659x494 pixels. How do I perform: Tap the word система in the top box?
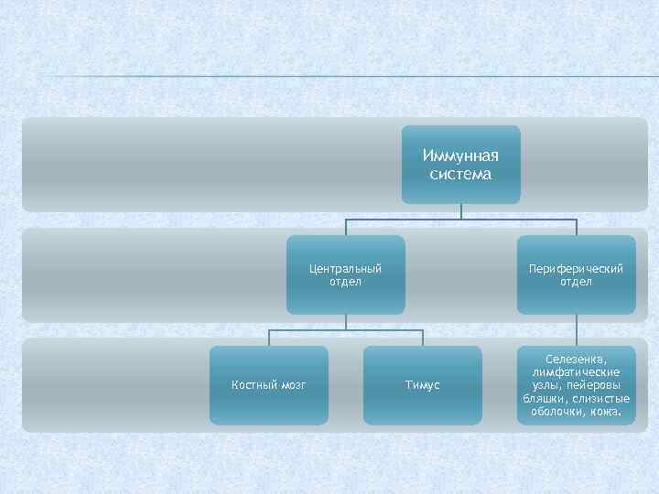point(461,173)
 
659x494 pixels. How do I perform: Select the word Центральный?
point(345,269)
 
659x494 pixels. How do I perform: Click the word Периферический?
point(577,269)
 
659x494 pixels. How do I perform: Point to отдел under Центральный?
point(345,282)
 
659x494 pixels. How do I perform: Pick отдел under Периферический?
point(577,282)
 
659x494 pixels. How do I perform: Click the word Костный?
point(253,385)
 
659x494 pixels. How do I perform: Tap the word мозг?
point(291,385)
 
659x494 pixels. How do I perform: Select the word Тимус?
point(423,385)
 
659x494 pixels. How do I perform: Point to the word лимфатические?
point(577,372)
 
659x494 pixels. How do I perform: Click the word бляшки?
point(542,399)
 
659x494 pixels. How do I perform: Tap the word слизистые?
point(599,399)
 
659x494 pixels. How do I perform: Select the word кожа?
point(604,412)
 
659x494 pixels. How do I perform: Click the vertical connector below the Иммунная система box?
point(461,211)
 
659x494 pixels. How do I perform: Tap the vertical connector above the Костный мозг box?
point(269,338)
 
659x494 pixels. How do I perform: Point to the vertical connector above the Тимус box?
point(423,338)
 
